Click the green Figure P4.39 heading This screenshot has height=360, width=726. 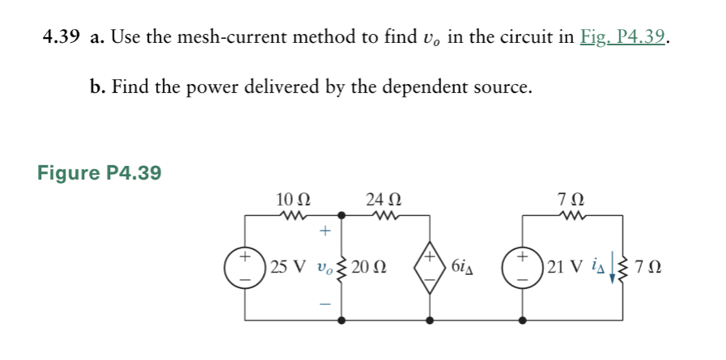click(100, 172)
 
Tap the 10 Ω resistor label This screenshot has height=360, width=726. click(291, 200)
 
